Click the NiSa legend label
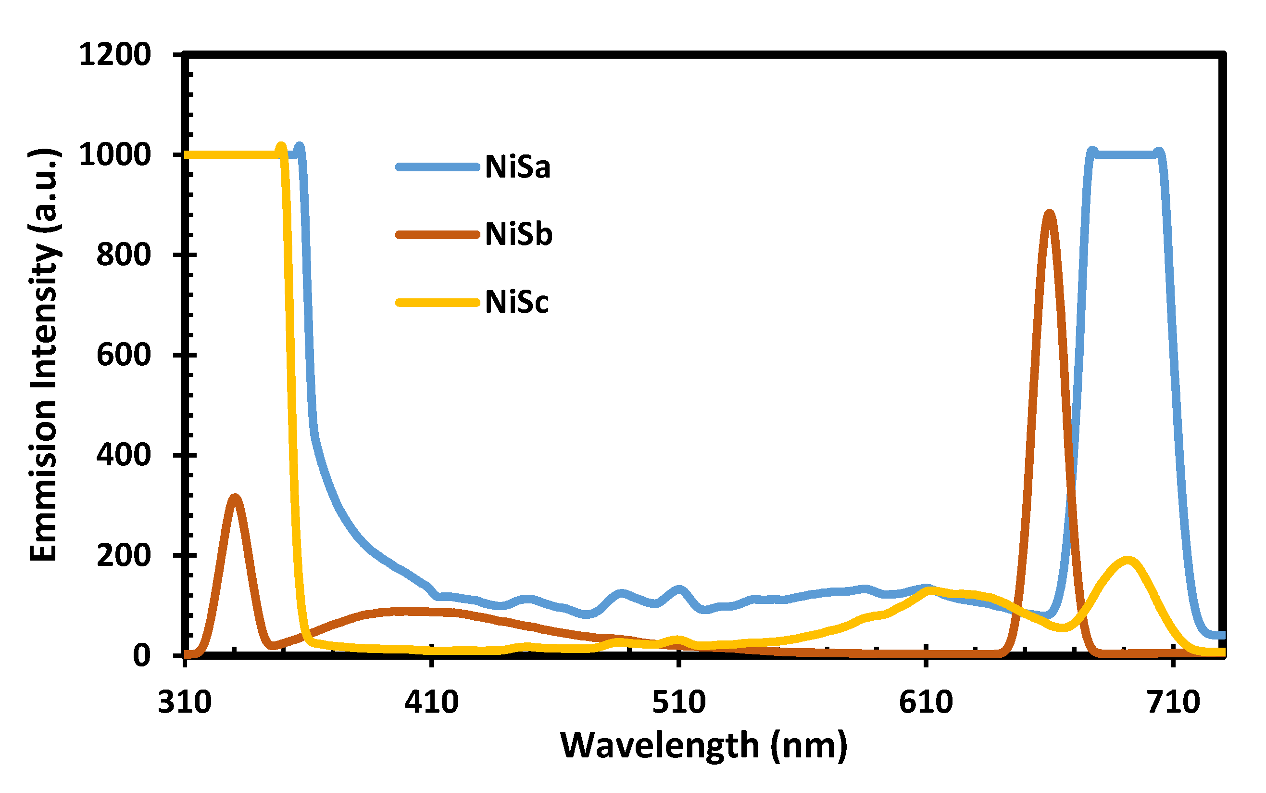517,167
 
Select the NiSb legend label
518,234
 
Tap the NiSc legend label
517,302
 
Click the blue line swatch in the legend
438,167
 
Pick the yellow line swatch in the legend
438,303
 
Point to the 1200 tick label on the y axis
115,54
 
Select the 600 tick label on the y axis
124,355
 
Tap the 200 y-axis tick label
124,555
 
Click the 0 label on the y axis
141,655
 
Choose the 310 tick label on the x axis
185,702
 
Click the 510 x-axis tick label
678,702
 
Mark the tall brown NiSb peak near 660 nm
1049,214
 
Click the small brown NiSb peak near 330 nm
235,498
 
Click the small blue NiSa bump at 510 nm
679,590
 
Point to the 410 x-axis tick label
431,702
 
